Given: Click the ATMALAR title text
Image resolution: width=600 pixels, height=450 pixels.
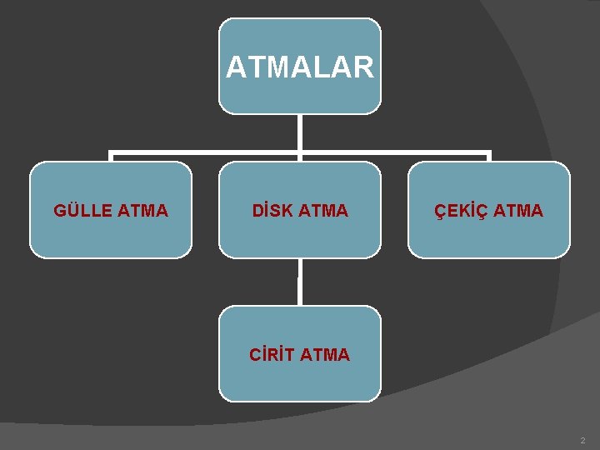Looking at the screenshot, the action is [x=299, y=67].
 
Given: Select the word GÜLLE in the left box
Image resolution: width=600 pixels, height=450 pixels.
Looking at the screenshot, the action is [x=82, y=211].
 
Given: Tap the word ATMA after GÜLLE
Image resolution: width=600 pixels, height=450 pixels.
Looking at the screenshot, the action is [x=142, y=211].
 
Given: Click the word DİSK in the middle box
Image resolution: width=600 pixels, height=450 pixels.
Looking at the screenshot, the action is [x=272, y=211].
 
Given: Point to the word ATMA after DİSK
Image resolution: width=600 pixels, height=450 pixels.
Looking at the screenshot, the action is [x=322, y=211].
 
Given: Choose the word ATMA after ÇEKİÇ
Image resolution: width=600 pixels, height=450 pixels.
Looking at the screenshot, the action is [x=517, y=211].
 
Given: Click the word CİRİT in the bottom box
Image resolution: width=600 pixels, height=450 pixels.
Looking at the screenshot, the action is [x=272, y=355].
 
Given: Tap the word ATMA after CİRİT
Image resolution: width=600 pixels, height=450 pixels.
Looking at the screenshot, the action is [x=325, y=355].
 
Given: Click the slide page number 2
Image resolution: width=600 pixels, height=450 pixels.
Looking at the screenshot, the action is [x=583, y=440].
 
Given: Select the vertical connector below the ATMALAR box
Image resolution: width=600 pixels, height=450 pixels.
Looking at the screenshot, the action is [x=299, y=133].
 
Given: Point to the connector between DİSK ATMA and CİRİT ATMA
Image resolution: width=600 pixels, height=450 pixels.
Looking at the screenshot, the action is [x=299, y=282].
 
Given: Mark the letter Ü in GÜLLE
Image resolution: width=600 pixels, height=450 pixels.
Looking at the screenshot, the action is [x=72, y=211].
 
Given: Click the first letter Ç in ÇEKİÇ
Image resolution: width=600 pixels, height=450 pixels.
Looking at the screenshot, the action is [x=441, y=211].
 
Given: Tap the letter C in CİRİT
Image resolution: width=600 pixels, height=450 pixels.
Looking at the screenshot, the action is [x=255, y=355].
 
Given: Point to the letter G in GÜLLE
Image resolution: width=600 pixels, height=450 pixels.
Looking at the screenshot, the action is [x=59, y=211].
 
